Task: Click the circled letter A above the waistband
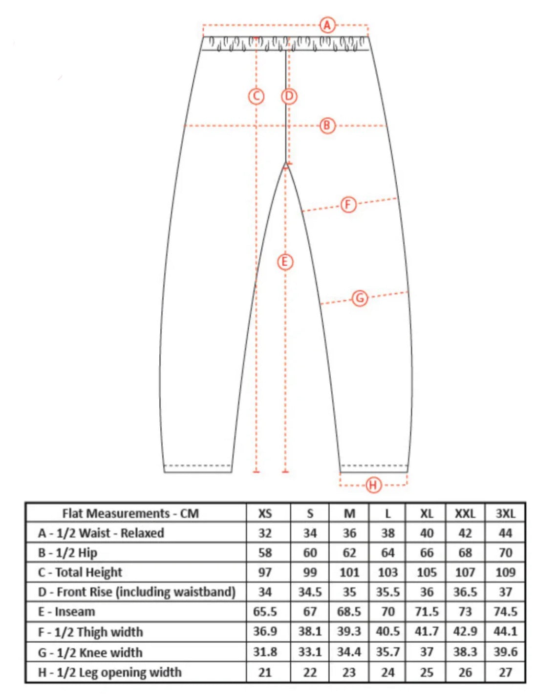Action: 327,25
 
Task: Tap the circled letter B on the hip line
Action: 327,126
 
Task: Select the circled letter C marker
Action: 256,96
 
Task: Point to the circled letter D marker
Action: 289,96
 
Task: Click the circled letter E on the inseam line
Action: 285,262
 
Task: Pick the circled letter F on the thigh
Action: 348,205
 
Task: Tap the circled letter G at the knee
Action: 360,298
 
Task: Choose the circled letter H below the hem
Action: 373,485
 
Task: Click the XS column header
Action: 265,513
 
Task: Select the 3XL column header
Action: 505,513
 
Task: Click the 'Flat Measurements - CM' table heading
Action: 130,513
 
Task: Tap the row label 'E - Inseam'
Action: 66,612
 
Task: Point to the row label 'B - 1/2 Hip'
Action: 67,553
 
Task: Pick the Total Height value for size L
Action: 387,572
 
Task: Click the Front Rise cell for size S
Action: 310,592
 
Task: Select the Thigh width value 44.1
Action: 505,631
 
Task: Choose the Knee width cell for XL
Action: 427,652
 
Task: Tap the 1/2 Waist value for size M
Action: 349,533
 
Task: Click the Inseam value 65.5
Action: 265,612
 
